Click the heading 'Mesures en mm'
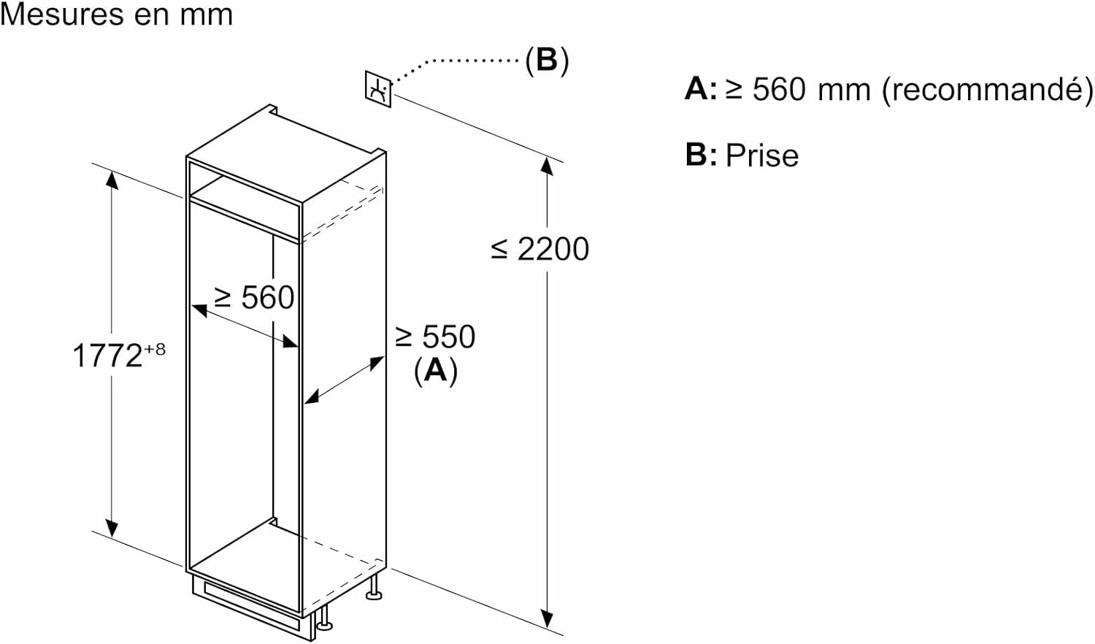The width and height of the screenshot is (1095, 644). (x=117, y=15)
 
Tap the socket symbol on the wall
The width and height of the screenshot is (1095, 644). (x=378, y=89)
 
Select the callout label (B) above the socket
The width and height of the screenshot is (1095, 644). (x=547, y=60)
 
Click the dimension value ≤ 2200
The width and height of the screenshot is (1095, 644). (x=541, y=250)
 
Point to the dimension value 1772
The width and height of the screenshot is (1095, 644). (x=107, y=356)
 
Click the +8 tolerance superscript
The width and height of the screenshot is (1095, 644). (x=155, y=350)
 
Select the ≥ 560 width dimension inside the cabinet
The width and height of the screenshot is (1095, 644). (x=254, y=298)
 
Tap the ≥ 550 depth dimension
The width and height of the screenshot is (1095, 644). (x=435, y=337)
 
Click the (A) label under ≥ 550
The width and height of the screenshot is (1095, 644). (x=436, y=370)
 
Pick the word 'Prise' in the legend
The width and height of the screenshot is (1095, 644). (x=762, y=156)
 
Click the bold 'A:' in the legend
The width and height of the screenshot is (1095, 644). (x=700, y=89)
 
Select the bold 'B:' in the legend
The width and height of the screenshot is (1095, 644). (x=700, y=156)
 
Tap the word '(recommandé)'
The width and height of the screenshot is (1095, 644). (x=988, y=90)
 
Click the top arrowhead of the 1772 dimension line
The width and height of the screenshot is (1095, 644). (x=112, y=178)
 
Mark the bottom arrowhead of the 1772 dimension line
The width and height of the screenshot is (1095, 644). (x=112, y=529)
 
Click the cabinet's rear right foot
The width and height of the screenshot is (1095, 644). (x=374, y=589)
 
